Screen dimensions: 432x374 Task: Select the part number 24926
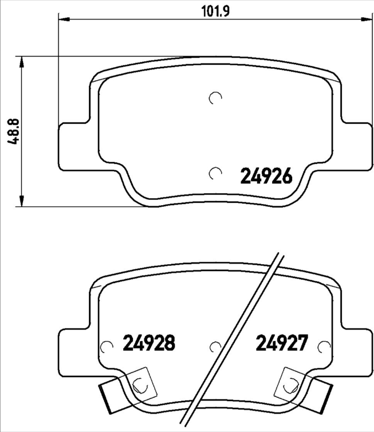[266, 175]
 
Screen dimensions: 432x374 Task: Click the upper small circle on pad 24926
[215, 98]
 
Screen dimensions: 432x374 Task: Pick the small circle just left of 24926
[215, 172]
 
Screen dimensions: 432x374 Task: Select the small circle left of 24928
[106, 346]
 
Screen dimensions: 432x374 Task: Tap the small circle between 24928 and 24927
[215, 346]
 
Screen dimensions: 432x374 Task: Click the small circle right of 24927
[325, 346]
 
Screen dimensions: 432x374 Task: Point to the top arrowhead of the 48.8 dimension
[22, 61]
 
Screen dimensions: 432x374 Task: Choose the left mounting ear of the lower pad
[74, 349]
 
